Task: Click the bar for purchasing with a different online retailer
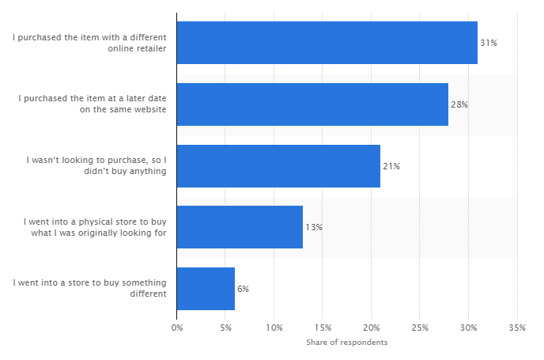(x=327, y=43)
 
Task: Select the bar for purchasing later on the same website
(x=312, y=104)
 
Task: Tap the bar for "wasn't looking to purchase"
(x=278, y=166)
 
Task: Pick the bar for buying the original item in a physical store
(x=240, y=227)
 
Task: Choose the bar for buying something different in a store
(x=206, y=289)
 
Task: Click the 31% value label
(x=489, y=43)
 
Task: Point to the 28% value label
(x=459, y=104)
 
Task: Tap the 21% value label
(x=391, y=166)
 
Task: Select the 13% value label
(x=314, y=227)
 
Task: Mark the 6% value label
(x=243, y=289)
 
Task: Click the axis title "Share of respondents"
(x=346, y=343)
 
